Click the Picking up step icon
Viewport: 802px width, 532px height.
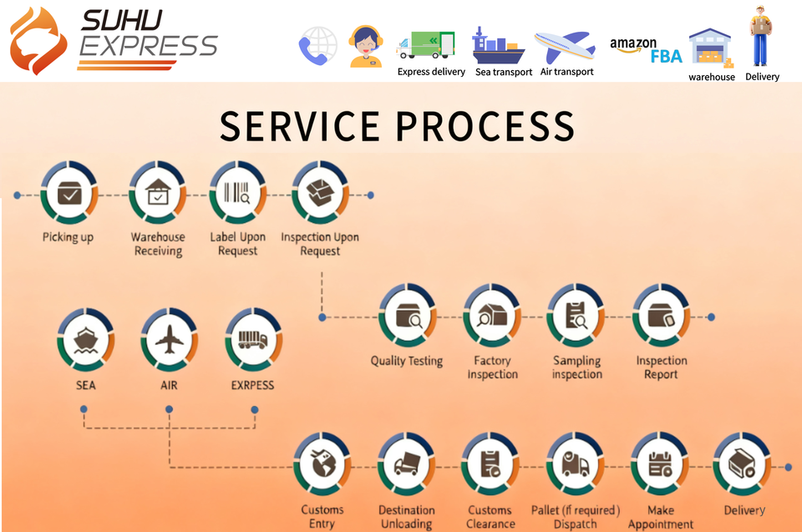click(x=69, y=193)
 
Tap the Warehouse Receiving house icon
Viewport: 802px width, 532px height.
click(x=158, y=193)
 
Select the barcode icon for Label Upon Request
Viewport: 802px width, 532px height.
click(x=237, y=193)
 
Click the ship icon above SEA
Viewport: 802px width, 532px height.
click(x=85, y=340)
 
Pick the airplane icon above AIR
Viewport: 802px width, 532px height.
click(x=170, y=340)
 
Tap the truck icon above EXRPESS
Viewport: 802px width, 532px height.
click(x=253, y=340)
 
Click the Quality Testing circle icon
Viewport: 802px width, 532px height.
click(x=408, y=316)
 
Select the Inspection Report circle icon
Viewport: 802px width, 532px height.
click(x=661, y=316)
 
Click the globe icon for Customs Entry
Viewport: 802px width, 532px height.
click(x=322, y=464)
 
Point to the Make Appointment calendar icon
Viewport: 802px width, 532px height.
click(x=660, y=464)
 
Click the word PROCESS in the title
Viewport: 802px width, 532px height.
click(x=485, y=126)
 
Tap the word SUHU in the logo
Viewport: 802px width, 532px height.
click(x=122, y=20)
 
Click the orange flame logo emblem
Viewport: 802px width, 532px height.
click(x=38, y=40)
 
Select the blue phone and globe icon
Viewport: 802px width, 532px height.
click(x=317, y=46)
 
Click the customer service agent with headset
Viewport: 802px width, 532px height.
click(x=365, y=47)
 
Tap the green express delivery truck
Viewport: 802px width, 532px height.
click(x=425, y=45)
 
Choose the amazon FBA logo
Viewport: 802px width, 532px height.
click(x=646, y=50)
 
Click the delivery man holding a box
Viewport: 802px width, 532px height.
click(x=760, y=36)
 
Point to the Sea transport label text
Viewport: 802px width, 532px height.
click(x=504, y=72)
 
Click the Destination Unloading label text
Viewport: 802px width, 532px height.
click(x=407, y=517)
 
